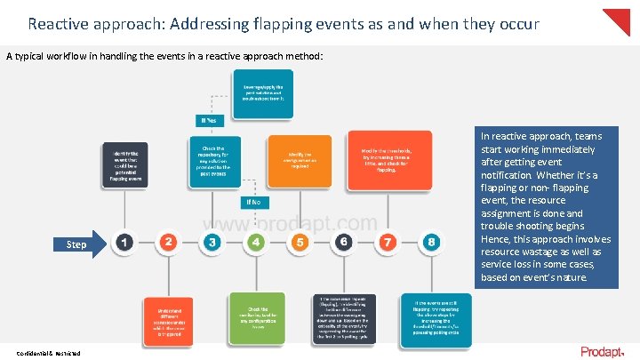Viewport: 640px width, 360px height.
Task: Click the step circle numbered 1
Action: click(125, 242)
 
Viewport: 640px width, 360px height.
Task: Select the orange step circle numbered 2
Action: click(168, 242)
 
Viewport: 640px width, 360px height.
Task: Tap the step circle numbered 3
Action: click(212, 242)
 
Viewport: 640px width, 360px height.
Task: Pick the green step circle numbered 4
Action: click(256, 242)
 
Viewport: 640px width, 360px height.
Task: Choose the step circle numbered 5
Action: click(300, 242)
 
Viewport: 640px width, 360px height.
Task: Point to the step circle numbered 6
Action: click(343, 242)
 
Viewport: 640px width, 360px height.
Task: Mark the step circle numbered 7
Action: click(387, 242)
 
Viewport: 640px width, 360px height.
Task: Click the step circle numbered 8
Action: click(430, 242)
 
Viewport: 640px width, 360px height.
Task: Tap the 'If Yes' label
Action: click(209, 120)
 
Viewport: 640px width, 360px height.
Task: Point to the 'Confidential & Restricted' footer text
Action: click(48, 353)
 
